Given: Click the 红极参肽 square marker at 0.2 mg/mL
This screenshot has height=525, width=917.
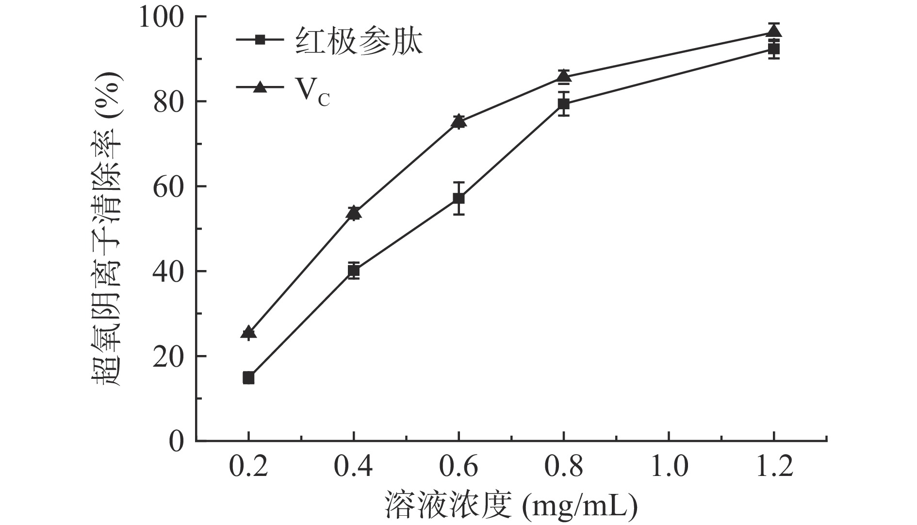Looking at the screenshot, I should click(x=248, y=377).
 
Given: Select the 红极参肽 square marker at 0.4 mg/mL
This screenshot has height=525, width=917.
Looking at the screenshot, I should click(x=354, y=271).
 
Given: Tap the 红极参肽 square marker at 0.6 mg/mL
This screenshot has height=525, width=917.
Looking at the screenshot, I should click(x=458, y=198).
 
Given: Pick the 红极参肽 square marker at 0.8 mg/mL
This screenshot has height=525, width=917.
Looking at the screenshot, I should click(x=563, y=103).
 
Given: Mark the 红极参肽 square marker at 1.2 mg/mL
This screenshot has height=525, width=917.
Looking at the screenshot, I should click(x=774, y=49).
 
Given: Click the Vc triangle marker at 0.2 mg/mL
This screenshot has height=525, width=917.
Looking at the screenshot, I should click(x=248, y=333).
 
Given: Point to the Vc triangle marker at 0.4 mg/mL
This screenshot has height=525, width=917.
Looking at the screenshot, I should click(x=354, y=212).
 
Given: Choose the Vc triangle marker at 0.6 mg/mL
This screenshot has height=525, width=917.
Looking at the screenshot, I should click(x=458, y=121).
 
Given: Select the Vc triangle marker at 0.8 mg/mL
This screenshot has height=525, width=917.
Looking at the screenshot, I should click(x=563, y=76).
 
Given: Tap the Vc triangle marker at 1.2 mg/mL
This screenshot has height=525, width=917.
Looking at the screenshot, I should click(x=774, y=32).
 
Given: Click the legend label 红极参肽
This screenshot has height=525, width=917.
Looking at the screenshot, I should click(x=359, y=42).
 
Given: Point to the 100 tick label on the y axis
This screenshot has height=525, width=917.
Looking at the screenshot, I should click(x=161, y=17).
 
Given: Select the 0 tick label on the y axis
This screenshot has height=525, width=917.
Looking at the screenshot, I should click(x=177, y=441).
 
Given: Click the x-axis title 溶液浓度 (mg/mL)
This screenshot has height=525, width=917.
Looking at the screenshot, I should click(x=510, y=506).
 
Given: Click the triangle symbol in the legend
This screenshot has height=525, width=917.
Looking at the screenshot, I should click(x=260, y=87).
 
